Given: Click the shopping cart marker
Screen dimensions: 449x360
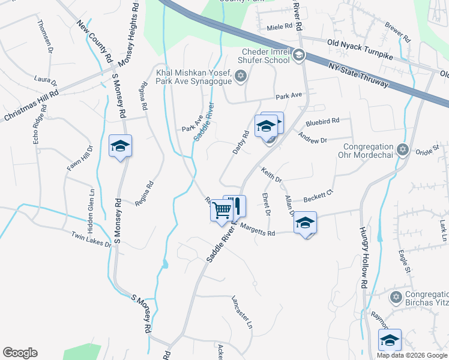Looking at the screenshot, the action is (221, 211).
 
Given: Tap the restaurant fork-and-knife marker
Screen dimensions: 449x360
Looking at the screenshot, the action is (235, 205).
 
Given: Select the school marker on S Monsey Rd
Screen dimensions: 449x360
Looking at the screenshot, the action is (120, 146).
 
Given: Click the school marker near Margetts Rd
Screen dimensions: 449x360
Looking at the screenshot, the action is (305, 223).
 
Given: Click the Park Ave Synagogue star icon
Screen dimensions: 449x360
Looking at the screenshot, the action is (241, 76).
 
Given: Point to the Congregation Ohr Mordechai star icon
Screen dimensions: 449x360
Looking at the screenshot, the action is (403, 148).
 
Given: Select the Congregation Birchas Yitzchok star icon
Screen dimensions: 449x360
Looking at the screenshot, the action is (396, 297).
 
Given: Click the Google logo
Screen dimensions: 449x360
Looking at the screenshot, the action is (20, 353).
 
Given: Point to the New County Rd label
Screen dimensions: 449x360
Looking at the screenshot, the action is (95, 41).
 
